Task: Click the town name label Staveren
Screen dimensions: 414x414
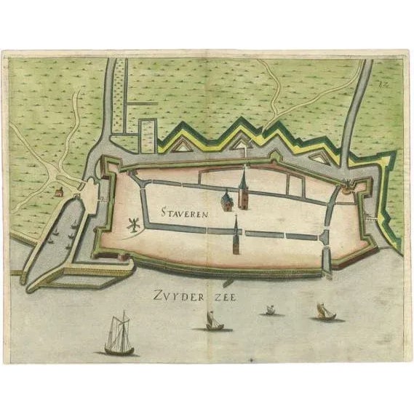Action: click(x=182, y=214)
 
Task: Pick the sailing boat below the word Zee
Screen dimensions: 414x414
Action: click(x=214, y=321)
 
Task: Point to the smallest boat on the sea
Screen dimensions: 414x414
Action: click(x=270, y=311)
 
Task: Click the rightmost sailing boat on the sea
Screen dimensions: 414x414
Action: click(x=325, y=313)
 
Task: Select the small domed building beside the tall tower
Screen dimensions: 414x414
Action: click(x=227, y=201)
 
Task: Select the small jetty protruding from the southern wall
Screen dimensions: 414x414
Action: click(x=227, y=280)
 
